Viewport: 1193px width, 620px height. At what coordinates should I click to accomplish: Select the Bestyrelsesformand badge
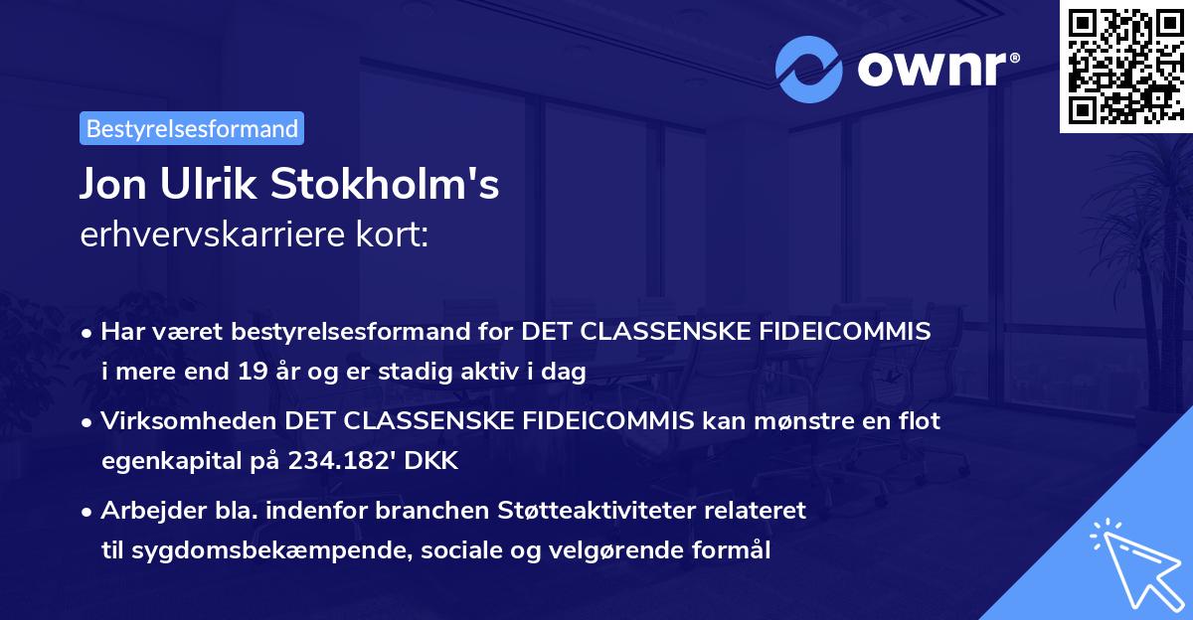(192, 128)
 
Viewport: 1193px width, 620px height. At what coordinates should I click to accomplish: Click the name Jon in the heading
(113, 185)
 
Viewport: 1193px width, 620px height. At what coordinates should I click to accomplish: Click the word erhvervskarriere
(203, 236)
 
